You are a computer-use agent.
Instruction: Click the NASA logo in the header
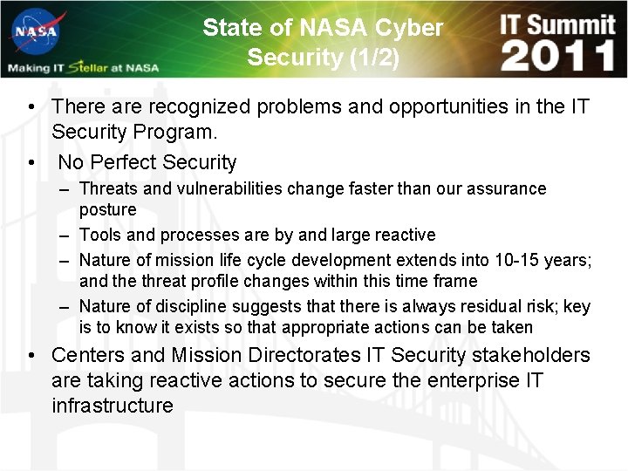34,34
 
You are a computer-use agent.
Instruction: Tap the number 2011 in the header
558,57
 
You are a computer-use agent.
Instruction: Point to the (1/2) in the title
372,58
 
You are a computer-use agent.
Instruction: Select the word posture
108,210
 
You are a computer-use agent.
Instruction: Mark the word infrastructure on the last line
113,406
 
